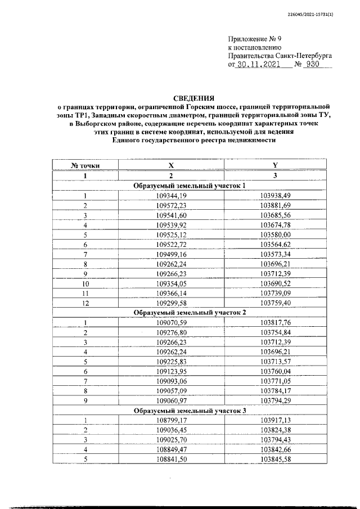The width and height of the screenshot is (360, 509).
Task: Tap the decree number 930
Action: pyautogui.click(x=313, y=65)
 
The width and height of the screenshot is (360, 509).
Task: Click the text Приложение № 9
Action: pyautogui.click(x=254, y=39)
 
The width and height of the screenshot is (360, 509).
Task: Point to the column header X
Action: pyautogui.click(x=171, y=165)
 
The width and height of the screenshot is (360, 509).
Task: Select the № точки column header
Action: pyautogui.click(x=85, y=165)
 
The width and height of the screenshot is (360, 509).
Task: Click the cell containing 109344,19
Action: pyautogui.click(x=171, y=196)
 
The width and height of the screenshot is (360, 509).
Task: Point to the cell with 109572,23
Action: pyautogui.click(x=171, y=205)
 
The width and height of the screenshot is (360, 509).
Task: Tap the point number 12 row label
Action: pyautogui.click(x=85, y=302)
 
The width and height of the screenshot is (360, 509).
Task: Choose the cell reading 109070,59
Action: pyautogui.click(x=171, y=322)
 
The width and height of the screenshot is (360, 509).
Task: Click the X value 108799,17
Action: pyautogui.click(x=171, y=420)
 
